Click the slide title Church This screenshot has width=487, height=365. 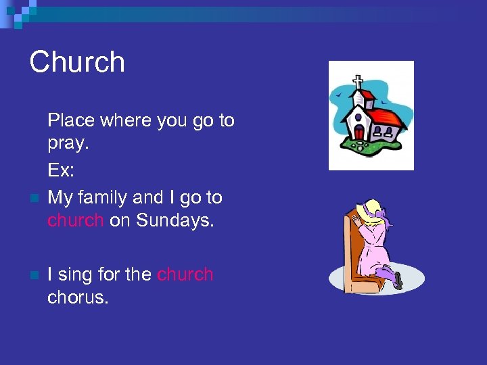tap(77, 62)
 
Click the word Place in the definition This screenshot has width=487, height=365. tap(72, 120)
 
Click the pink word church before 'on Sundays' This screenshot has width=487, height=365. tap(75, 220)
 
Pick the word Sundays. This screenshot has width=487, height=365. tap(175, 220)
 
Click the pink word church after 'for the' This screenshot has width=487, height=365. tap(185, 274)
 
